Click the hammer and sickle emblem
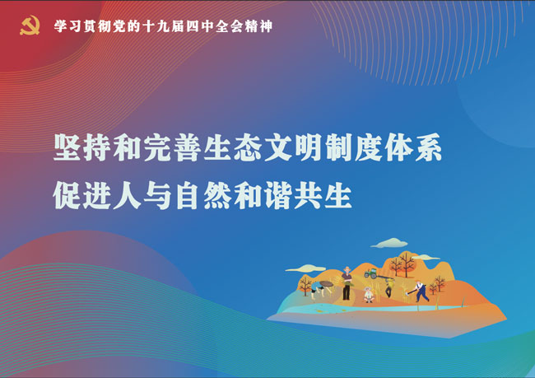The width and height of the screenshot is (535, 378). tap(30, 26)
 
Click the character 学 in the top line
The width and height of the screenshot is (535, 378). tap(60, 26)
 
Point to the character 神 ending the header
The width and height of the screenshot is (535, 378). tap(266, 26)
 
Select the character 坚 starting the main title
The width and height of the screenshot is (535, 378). tap(67, 147)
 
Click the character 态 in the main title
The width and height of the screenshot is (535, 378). tap(248, 147)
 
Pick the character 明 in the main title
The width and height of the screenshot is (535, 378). tap(308, 147)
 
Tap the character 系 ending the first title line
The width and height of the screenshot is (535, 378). tap(428, 147)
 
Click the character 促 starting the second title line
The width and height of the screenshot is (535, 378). tap(67, 194)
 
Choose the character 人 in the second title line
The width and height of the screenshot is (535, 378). tap(128, 194)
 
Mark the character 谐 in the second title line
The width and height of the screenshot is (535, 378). tap(277, 194)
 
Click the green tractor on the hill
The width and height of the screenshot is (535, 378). tap(371, 273)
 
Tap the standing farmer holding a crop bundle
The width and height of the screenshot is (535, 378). tap(347, 283)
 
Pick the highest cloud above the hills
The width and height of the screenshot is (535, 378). tap(389, 243)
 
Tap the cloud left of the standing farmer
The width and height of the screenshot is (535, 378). tap(306, 268)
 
